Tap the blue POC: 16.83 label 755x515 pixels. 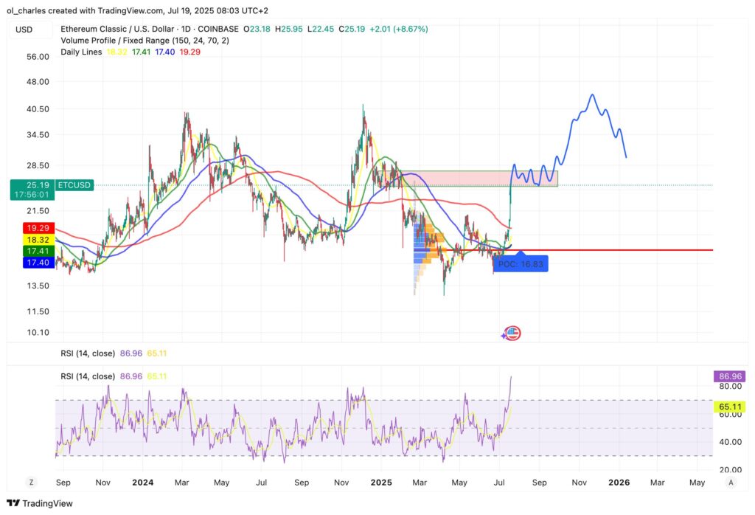pos(521,263)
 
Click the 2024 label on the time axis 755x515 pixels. pos(142,482)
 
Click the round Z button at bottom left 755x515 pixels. pos(32,482)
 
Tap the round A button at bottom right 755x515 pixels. pos(730,482)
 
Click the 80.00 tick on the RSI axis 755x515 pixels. pos(730,386)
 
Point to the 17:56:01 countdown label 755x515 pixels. pos(30,195)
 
